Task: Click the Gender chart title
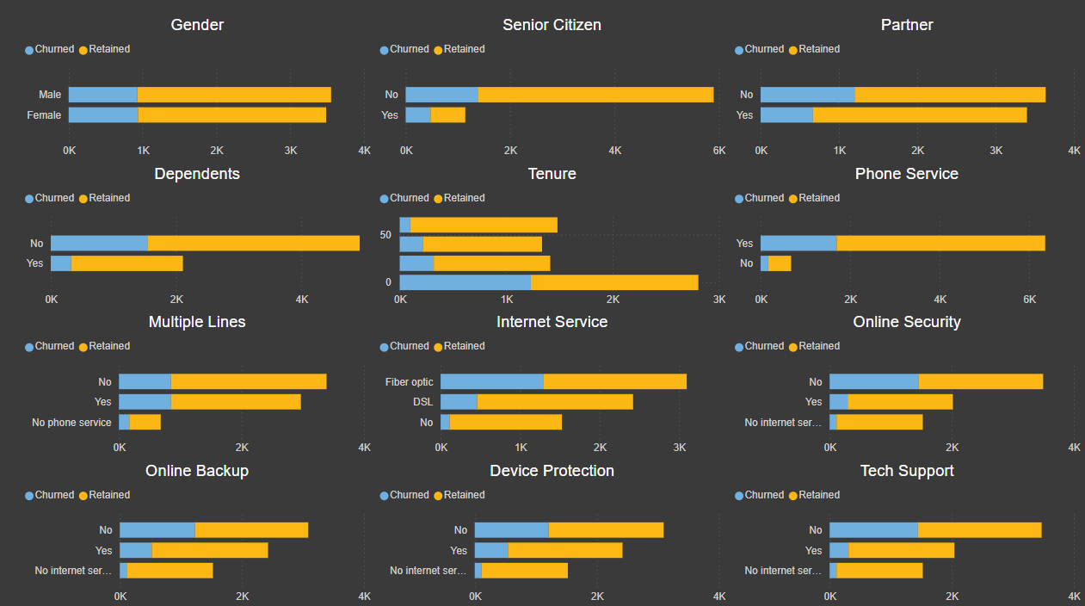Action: pos(197,25)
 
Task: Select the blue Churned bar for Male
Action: pos(102,95)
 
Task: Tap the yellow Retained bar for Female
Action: pos(231,115)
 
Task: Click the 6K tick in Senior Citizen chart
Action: pos(719,151)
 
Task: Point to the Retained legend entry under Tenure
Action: pos(464,198)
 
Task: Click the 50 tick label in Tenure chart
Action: pos(385,235)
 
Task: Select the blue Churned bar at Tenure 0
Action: pos(465,282)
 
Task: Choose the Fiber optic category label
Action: pos(410,382)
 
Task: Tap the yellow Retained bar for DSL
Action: pos(554,402)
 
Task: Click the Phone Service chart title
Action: pos(906,174)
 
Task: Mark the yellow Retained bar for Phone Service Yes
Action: pos(940,244)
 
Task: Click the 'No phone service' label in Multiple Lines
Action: pos(71,423)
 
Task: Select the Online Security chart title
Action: pos(906,322)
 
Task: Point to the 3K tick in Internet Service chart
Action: pos(680,448)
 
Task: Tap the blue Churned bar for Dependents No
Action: pos(99,244)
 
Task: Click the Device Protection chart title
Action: pos(552,471)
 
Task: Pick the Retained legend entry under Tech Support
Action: pos(818,495)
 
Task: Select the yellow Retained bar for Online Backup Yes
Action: pos(209,550)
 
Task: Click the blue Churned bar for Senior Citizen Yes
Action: pos(418,115)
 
